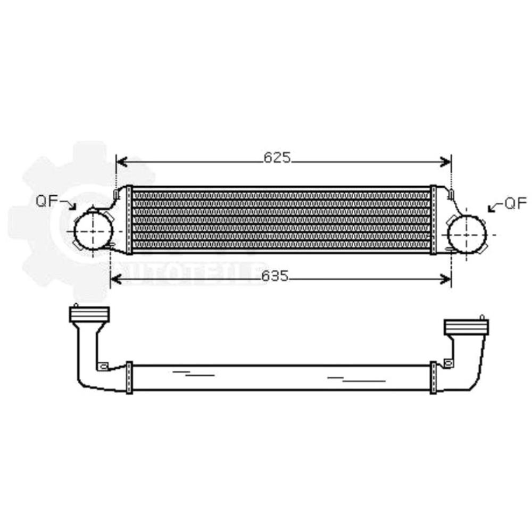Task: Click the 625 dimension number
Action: [x=277, y=157]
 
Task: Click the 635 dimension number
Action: [x=275, y=276]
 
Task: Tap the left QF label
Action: [x=46, y=201]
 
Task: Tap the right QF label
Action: [x=515, y=203]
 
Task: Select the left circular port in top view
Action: [x=93, y=232]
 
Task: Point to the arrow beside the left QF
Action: [x=69, y=204]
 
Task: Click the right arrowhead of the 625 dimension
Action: [x=447, y=162]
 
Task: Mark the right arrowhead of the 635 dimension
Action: [x=446, y=279]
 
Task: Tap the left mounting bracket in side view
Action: [x=103, y=366]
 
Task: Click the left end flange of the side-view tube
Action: [x=129, y=377]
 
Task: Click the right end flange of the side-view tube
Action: [x=433, y=377]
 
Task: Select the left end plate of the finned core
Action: [x=129, y=220]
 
